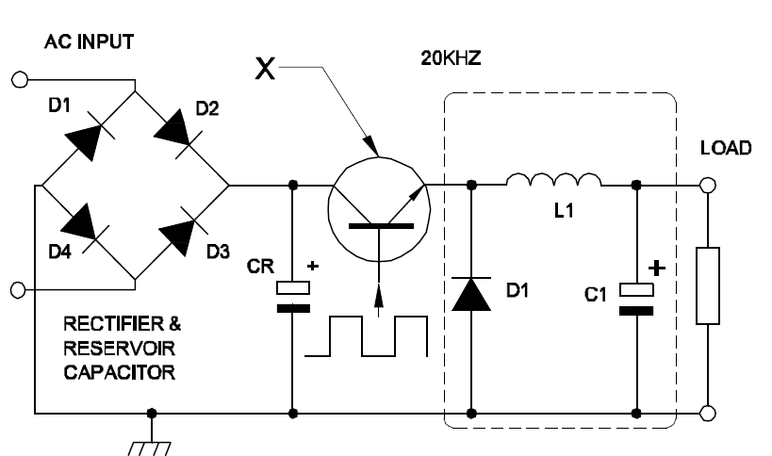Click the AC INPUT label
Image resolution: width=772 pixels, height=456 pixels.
click(90, 41)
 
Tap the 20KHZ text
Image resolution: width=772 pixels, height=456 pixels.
click(451, 58)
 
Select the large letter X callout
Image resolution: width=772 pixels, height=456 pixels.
click(265, 69)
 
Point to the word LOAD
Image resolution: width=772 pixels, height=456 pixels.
click(726, 148)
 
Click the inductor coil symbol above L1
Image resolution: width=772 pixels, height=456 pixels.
click(554, 180)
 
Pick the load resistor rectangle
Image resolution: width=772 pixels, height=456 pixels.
click(708, 285)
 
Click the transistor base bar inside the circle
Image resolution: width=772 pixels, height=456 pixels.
click(381, 226)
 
